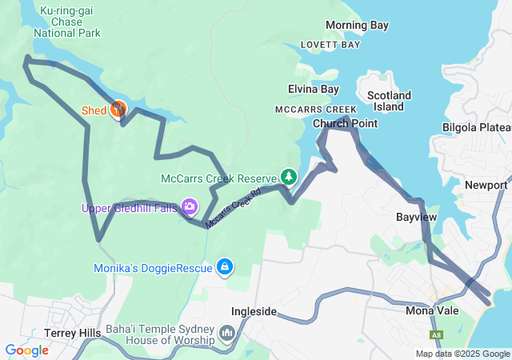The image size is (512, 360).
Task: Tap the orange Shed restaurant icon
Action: (x=118, y=108)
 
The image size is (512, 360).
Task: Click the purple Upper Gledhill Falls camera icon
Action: (x=190, y=207)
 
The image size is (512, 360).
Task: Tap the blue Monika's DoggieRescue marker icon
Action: (x=226, y=266)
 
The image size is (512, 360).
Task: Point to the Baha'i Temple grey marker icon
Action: (x=227, y=332)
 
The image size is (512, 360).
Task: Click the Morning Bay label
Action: (x=357, y=26)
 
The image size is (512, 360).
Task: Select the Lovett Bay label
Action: (x=330, y=45)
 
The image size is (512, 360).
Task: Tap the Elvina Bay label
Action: (x=314, y=90)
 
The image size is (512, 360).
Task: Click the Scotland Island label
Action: (x=389, y=101)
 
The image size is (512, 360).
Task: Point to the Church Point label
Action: (x=345, y=124)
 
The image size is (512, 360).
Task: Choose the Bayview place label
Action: (x=416, y=217)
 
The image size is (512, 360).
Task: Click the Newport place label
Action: (x=486, y=186)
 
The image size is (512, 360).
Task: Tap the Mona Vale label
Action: (x=432, y=310)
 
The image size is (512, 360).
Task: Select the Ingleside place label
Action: (x=254, y=311)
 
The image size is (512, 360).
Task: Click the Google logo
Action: (x=26, y=350)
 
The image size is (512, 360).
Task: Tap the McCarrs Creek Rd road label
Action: (x=234, y=209)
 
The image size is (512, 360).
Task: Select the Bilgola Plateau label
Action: (x=477, y=127)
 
